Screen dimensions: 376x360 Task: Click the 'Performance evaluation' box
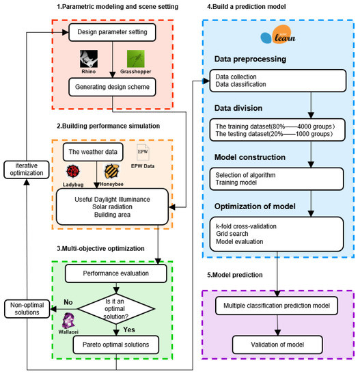115,274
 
